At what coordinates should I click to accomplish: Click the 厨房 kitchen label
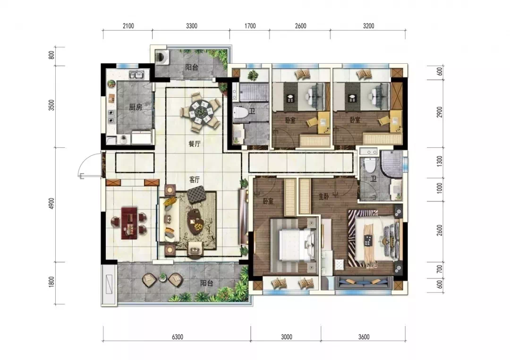[136, 107]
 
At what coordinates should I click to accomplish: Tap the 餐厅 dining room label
[194, 143]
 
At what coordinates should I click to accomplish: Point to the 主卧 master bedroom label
[323, 196]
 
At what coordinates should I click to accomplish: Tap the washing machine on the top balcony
[161, 56]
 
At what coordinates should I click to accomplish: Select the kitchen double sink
[137, 75]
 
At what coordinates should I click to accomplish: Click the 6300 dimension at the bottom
[177, 337]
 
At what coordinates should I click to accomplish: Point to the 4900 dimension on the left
[51, 203]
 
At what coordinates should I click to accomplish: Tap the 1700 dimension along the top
[250, 26]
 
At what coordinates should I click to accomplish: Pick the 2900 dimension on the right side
[440, 112]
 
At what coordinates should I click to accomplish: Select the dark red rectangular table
[129, 223]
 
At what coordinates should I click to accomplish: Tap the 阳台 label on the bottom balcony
[206, 283]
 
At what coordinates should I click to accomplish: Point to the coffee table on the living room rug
[196, 221]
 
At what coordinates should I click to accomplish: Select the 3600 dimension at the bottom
[364, 337]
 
